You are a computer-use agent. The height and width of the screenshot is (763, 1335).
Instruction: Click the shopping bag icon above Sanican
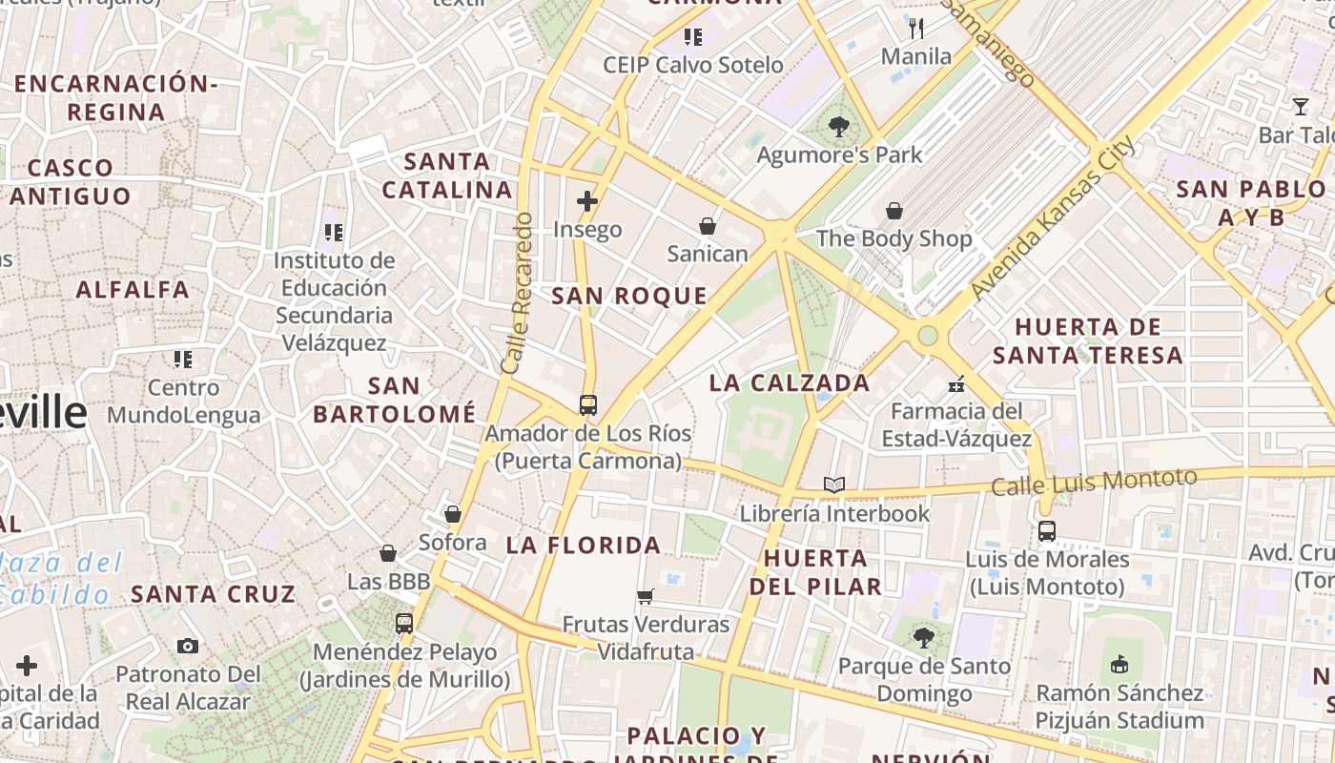(708, 226)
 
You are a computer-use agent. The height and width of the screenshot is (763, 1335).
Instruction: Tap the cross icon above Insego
(587, 201)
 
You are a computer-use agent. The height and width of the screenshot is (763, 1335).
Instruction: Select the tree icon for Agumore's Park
(839, 126)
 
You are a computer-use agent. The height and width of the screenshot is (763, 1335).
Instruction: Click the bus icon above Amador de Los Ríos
(587, 404)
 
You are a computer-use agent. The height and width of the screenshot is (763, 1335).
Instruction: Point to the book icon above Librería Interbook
(834, 485)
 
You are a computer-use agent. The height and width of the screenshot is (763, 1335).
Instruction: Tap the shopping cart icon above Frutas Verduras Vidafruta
(646, 597)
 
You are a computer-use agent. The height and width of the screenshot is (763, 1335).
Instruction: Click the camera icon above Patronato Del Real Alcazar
(188, 647)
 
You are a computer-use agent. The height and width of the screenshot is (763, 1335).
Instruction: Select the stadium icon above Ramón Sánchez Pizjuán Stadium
(1120, 664)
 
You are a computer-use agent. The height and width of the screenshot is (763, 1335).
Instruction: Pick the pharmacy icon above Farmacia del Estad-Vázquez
(956, 384)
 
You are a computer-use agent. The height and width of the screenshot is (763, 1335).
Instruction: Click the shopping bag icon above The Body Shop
(894, 211)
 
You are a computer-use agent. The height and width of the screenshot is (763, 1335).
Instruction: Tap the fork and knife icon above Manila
(916, 29)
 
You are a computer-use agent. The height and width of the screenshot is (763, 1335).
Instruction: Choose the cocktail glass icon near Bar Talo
(1301, 106)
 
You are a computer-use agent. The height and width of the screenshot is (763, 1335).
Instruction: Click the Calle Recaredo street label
(516, 293)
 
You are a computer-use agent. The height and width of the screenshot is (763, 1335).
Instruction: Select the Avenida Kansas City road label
(1053, 217)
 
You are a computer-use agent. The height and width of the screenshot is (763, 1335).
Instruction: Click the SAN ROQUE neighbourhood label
(629, 297)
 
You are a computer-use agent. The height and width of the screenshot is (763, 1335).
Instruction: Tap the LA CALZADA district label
(790, 383)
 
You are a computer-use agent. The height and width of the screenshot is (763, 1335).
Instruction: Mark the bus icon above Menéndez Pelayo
(404, 624)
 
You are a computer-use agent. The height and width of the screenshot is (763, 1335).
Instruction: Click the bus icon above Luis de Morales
(1047, 531)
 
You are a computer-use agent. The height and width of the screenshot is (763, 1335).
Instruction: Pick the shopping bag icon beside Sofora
(453, 515)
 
